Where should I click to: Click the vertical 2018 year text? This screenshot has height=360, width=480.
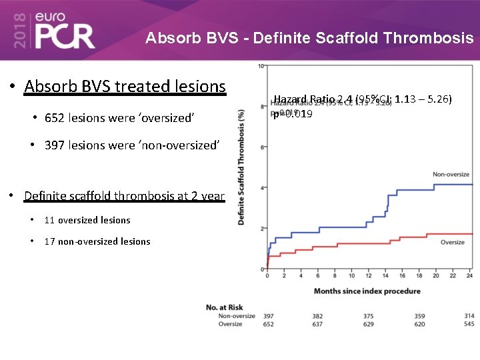click(x=20, y=31)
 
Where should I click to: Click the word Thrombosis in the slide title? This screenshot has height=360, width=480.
click(x=430, y=38)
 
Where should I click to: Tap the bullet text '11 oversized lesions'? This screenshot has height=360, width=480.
click(x=87, y=220)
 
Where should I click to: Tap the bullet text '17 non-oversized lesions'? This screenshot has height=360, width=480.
click(x=97, y=241)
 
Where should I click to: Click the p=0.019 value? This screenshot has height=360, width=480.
click(x=293, y=114)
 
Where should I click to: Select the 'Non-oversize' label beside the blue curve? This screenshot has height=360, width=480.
click(x=451, y=175)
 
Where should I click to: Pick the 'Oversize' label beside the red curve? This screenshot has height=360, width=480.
click(x=453, y=242)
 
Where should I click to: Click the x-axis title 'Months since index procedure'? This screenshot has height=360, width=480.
click(x=367, y=291)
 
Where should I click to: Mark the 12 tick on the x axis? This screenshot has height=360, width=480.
click(x=369, y=275)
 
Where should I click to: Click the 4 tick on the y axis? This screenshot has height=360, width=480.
click(x=263, y=188)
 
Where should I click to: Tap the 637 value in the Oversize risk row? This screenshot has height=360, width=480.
click(x=318, y=324)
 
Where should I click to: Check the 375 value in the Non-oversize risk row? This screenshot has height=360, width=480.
click(x=369, y=315)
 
